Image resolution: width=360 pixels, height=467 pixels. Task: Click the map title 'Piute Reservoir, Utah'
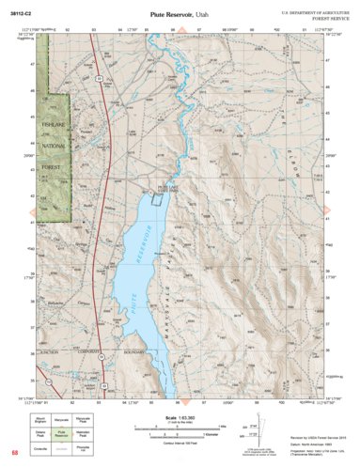point(180,16)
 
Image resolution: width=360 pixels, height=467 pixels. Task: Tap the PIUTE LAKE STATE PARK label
point(165,189)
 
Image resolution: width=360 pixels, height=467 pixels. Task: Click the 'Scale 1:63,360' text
point(180,416)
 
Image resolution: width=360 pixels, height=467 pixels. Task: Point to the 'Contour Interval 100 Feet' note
point(180,441)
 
